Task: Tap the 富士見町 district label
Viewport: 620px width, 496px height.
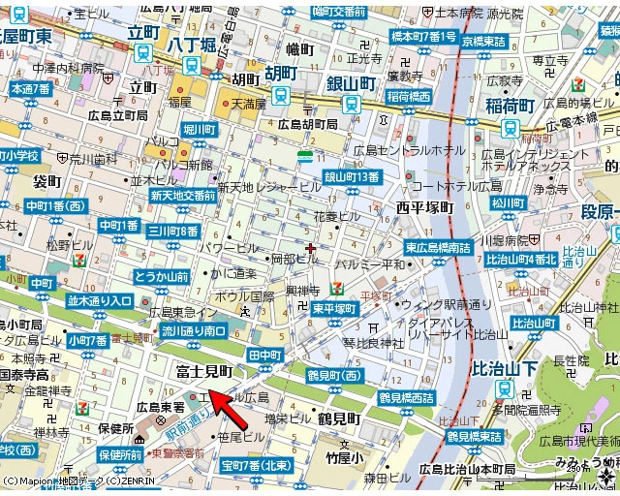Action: (204, 371)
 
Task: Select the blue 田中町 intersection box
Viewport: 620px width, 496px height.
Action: (263, 356)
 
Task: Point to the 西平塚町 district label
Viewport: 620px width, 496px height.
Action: (424, 207)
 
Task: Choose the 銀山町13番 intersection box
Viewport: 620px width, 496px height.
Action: (352, 176)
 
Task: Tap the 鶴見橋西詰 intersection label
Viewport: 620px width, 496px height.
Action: (407, 397)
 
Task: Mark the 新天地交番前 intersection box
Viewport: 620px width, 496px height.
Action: (182, 196)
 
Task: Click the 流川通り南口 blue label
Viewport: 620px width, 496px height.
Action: (194, 331)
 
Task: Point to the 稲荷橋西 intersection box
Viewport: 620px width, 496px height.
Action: (408, 97)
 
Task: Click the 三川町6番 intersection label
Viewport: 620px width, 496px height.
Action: (173, 231)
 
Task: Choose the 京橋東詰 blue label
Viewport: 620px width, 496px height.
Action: (483, 42)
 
